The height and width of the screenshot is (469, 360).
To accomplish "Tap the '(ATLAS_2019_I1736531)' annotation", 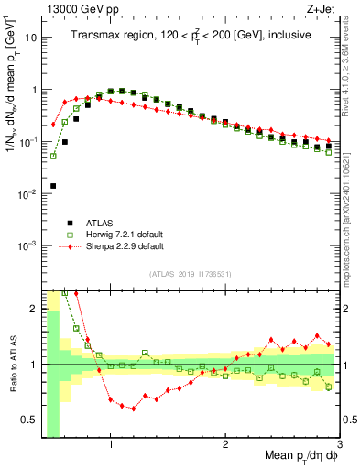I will coord(190,274).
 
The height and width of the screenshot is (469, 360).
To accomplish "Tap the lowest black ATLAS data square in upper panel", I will coord(53,186).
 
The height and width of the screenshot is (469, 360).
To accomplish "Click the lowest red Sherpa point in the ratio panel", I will coord(134,409).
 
